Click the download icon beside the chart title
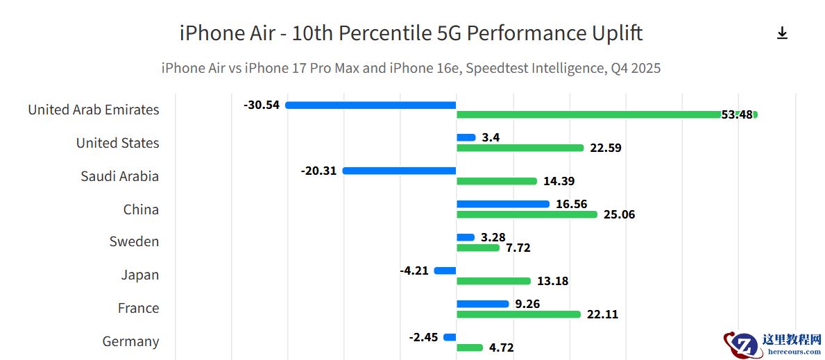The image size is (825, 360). pyautogui.click(x=782, y=33)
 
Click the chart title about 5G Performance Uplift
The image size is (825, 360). pyautogui.click(x=411, y=33)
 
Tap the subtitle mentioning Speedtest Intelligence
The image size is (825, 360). pyautogui.click(x=411, y=68)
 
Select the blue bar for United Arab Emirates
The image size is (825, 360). pyautogui.click(x=371, y=105)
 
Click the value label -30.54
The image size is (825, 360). pyautogui.click(x=262, y=105)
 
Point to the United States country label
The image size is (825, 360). pyautogui.click(x=117, y=143)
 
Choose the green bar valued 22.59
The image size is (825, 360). pyautogui.click(x=520, y=148)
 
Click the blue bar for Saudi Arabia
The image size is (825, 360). pyautogui.click(x=399, y=171)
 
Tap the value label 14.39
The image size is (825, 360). pyautogui.click(x=559, y=181)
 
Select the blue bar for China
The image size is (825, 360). pyautogui.click(x=502, y=204)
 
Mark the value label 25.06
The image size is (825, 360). pyautogui.click(x=619, y=214)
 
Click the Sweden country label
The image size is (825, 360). pyautogui.click(x=134, y=242)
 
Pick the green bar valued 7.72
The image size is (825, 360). pyautogui.click(x=477, y=248)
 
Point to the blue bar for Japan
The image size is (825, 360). pyautogui.click(x=445, y=271)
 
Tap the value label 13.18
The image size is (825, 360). pyautogui.click(x=552, y=281)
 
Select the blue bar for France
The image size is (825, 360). pyautogui.click(x=482, y=304)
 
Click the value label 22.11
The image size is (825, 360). pyautogui.click(x=602, y=314)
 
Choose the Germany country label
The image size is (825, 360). pyautogui.click(x=130, y=341)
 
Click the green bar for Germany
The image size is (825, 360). pyautogui.click(x=469, y=348)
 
